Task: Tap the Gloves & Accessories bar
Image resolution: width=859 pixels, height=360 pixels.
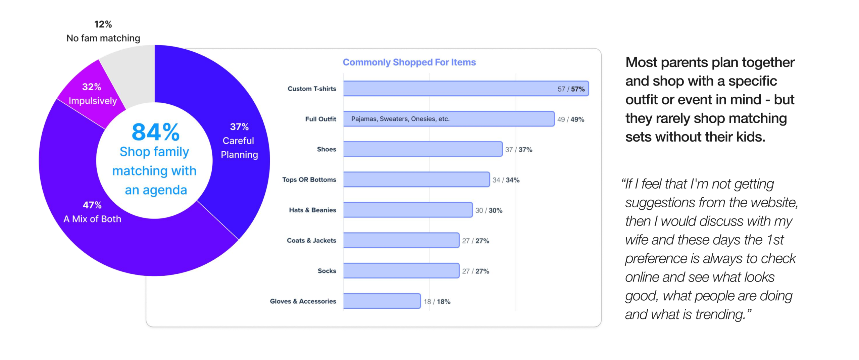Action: click(382, 301)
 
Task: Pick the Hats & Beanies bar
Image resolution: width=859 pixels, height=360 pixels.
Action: click(407, 210)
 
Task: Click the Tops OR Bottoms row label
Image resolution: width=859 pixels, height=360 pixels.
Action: click(309, 180)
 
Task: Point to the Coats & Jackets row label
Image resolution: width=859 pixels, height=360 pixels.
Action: click(311, 241)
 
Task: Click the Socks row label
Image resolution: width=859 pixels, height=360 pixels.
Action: click(326, 271)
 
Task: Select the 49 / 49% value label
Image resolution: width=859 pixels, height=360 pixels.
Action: click(570, 119)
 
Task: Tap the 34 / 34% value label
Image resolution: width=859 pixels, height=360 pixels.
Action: click(506, 180)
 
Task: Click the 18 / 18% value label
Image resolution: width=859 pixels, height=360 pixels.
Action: click(437, 302)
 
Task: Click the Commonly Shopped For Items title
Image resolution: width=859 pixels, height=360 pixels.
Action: click(409, 62)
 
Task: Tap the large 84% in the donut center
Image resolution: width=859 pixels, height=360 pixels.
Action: click(155, 132)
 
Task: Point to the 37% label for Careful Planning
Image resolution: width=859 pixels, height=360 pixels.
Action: click(239, 127)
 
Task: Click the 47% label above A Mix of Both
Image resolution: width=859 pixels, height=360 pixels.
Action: click(92, 205)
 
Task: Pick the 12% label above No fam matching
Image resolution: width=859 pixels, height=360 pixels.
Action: click(103, 24)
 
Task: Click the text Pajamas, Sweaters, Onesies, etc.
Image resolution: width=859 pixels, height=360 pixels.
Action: click(400, 119)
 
